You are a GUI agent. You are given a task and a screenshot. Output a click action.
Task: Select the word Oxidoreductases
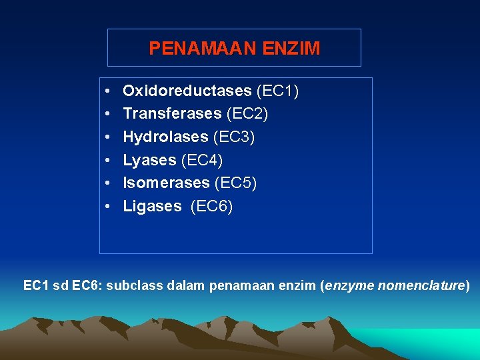click(187, 91)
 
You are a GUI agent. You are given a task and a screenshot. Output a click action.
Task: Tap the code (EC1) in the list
click(277, 91)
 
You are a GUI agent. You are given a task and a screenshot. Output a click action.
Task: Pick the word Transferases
click(172, 114)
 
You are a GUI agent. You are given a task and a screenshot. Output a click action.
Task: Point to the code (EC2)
click(247, 114)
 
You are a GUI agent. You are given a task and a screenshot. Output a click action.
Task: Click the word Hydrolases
click(165, 137)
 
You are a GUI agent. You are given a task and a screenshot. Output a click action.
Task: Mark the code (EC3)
click(234, 137)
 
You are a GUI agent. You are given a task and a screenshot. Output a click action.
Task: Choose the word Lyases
click(149, 160)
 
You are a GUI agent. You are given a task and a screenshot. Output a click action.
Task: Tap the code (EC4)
click(202, 160)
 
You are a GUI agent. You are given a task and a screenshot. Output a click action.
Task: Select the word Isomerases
click(166, 183)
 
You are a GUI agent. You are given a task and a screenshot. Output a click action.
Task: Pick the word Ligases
click(152, 207)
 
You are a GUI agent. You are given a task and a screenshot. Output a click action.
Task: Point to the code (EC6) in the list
click(212, 207)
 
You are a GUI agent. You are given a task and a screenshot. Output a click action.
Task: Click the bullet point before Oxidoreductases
click(107, 91)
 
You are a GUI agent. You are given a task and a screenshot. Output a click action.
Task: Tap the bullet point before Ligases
click(107, 207)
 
